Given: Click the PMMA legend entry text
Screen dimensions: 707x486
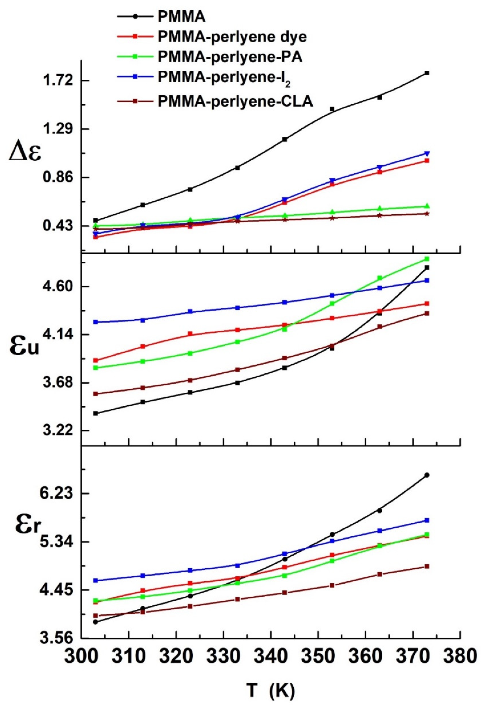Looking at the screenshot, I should pos(182,17).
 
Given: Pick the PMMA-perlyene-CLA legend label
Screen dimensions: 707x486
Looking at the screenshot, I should pos(236,102).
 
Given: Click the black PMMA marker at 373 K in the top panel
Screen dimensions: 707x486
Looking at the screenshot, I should pos(427,73).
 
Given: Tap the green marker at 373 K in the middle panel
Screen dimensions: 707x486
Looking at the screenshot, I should pos(427,259).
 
